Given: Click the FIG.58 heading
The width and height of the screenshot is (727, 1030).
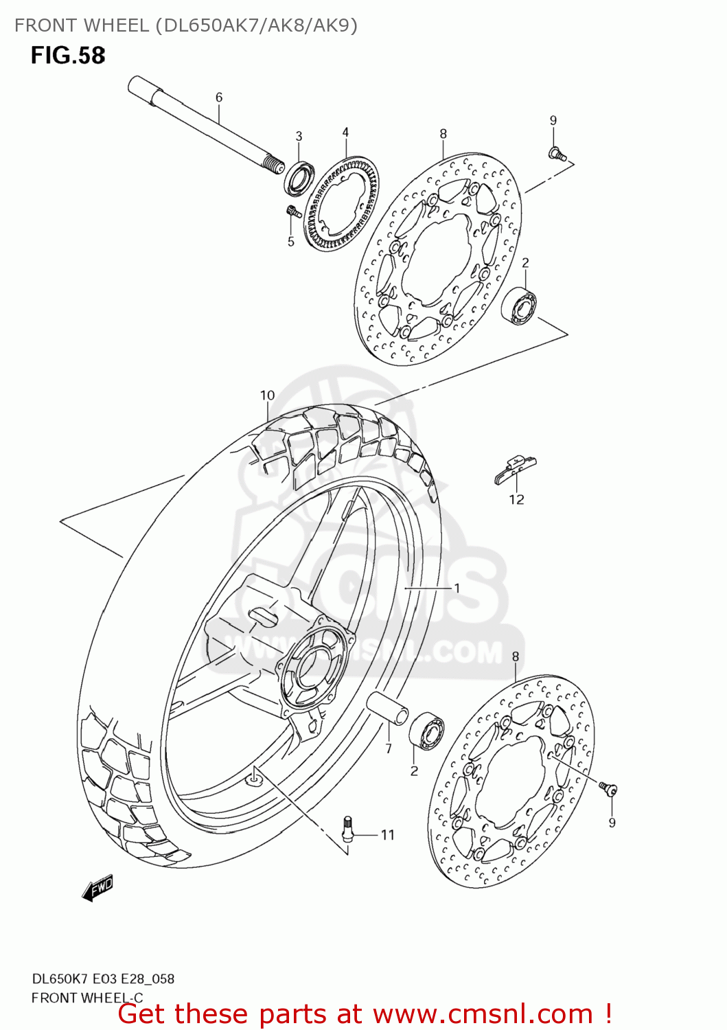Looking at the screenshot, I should click(68, 55).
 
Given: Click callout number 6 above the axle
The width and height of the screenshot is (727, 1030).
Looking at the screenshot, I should click(219, 98).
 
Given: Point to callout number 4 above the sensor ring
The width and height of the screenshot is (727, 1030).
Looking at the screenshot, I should click(345, 133).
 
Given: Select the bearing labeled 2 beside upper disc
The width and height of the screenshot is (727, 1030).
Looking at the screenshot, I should click(520, 306).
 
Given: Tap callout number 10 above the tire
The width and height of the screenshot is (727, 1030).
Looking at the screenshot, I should click(267, 396).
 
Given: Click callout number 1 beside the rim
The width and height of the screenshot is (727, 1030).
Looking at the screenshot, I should click(457, 588).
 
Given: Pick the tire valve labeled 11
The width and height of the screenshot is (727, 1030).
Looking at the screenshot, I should click(348, 828).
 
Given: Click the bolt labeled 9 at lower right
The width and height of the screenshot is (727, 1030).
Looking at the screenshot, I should click(608, 789).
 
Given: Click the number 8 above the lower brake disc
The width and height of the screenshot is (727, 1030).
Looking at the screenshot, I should click(516, 657).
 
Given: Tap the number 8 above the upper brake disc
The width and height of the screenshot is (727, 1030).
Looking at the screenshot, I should click(443, 134).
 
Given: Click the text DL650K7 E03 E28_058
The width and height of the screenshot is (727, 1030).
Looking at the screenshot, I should click(103, 979).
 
